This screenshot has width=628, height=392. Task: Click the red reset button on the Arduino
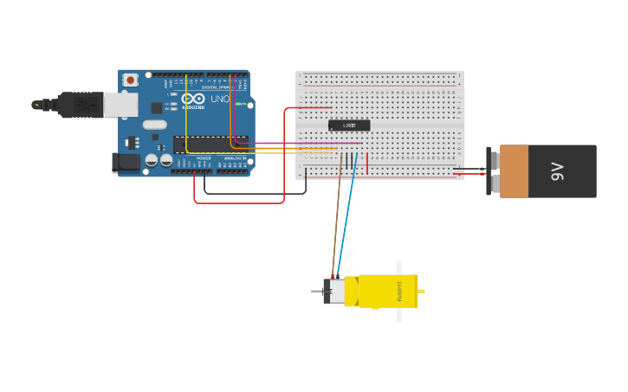tap(130, 80)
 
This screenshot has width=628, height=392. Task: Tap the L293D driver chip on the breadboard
tap(349, 125)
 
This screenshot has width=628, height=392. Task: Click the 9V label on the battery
tap(557, 171)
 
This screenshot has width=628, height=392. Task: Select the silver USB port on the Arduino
tap(120, 105)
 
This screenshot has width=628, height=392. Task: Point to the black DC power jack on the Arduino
tap(126, 162)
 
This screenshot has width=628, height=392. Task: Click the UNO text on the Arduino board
tap(220, 99)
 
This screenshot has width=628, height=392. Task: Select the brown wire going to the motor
tap(336, 216)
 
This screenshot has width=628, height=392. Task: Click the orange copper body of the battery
tap(514, 171)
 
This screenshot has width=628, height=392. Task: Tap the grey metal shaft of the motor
tap(316, 292)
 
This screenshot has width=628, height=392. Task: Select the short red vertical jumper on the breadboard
tap(367, 163)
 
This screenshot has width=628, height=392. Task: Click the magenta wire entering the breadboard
tap(295, 143)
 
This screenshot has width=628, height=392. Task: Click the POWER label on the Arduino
tap(204, 158)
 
